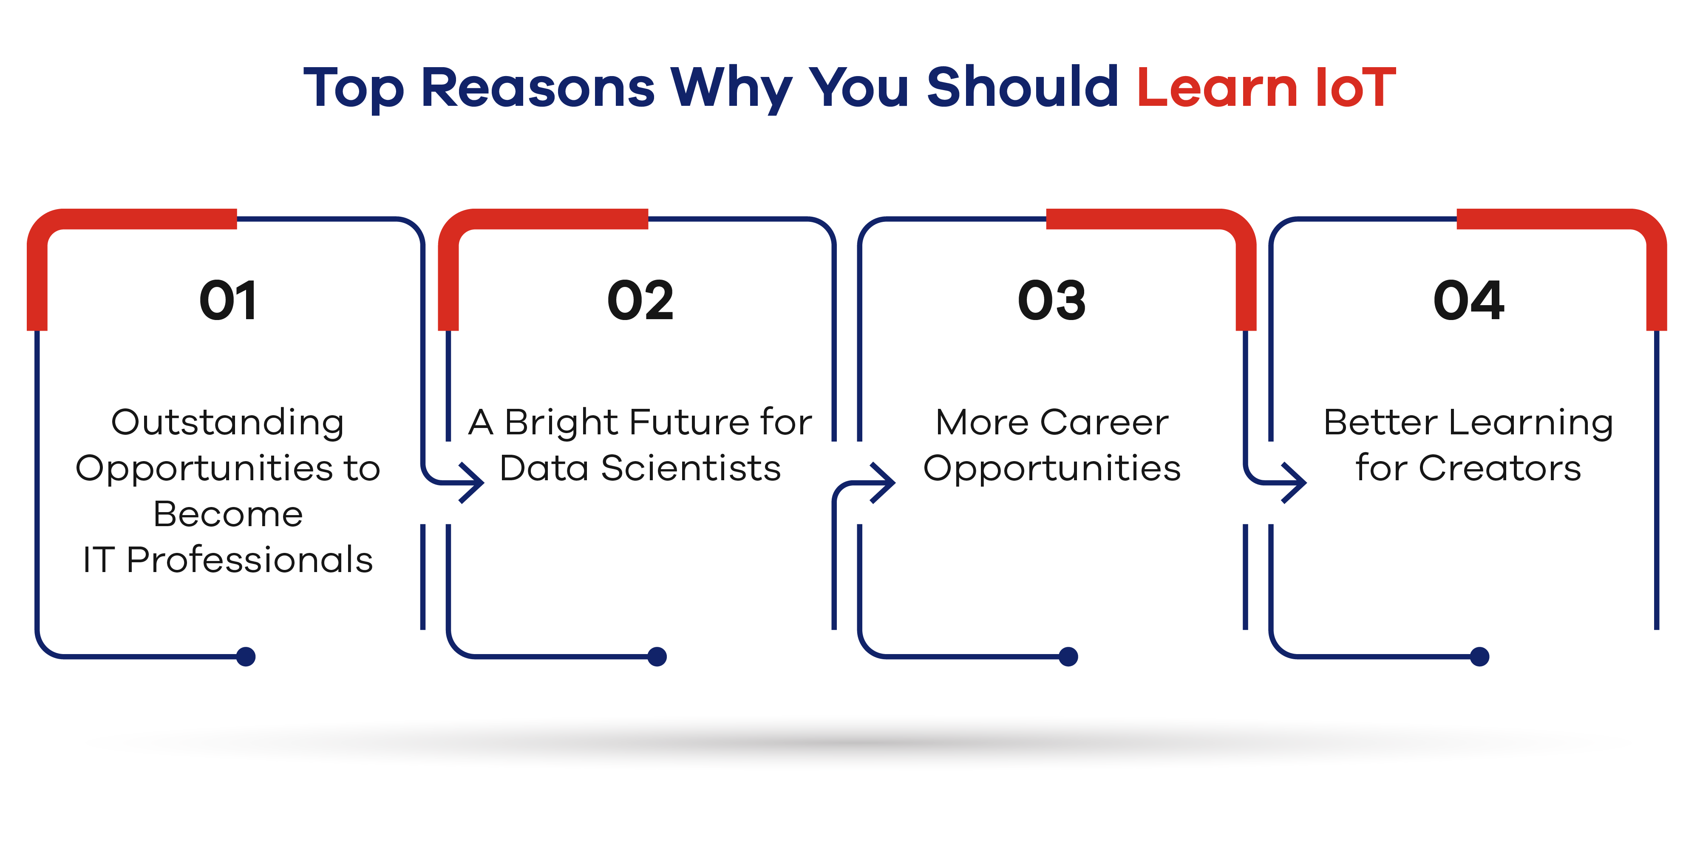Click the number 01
click(228, 300)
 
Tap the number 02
click(640, 300)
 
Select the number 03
click(1051, 300)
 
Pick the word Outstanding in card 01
click(228, 423)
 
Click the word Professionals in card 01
click(249, 560)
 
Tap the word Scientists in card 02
click(691, 468)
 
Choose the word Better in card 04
click(1381, 422)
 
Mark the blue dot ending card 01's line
click(246, 657)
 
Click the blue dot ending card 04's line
click(1479, 657)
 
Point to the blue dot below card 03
click(1068, 657)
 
